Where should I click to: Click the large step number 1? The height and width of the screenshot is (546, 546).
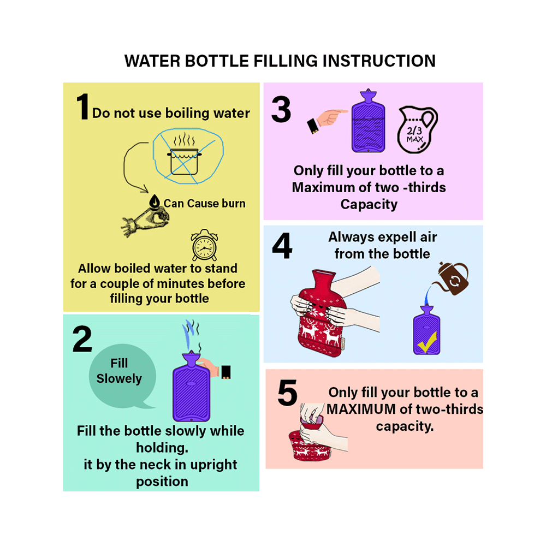(82, 107)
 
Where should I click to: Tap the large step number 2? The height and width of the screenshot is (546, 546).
(82, 339)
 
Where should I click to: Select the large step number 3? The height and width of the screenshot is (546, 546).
(281, 110)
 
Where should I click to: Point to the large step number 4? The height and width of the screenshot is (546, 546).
(282, 247)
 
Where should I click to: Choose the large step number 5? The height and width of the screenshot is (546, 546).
(288, 394)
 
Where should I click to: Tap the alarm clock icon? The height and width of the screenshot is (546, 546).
(204, 246)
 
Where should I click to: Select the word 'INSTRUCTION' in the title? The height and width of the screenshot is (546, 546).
(379, 61)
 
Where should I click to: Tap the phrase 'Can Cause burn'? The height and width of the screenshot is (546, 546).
(204, 204)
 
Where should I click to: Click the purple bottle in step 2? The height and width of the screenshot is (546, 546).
(192, 388)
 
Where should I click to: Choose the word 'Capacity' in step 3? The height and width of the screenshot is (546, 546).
(369, 205)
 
